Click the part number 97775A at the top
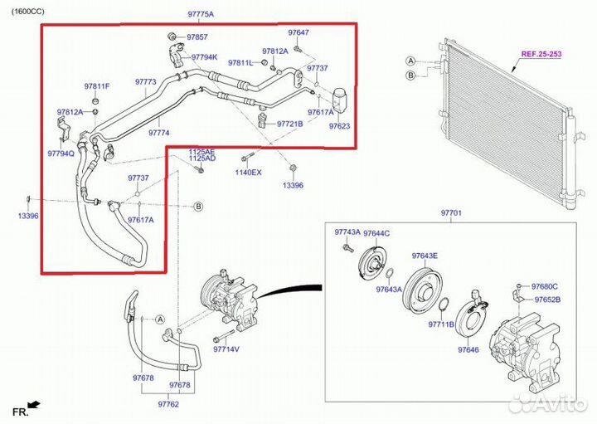(x=201, y=15)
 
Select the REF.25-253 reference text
(x=541, y=55)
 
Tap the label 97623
(x=339, y=126)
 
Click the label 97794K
(x=204, y=57)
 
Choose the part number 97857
(x=197, y=37)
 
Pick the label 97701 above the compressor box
(x=451, y=213)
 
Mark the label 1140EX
(x=248, y=172)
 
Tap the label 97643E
(x=425, y=256)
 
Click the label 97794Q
(x=61, y=154)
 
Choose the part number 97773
(x=146, y=82)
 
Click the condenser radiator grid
(x=507, y=124)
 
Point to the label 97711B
(x=441, y=324)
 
